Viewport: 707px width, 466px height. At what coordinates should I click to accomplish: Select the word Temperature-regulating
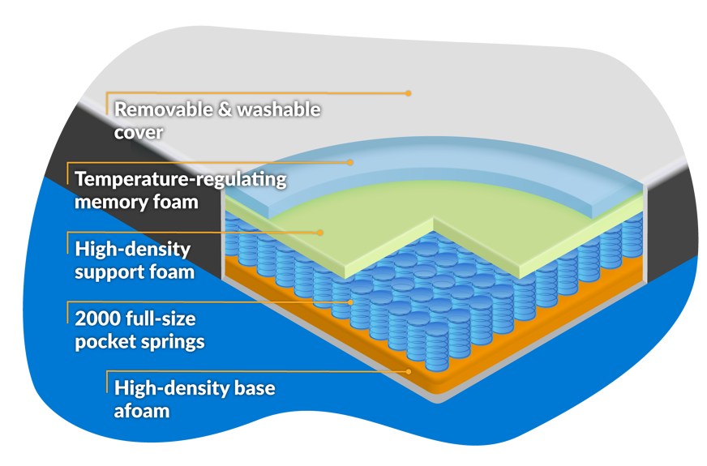[x=181, y=178]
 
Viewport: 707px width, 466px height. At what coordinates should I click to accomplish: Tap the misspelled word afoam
[x=142, y=411]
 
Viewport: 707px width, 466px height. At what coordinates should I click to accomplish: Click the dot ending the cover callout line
[x=409, y=93]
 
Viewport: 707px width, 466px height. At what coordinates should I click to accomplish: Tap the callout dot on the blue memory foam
[x=350, y=162]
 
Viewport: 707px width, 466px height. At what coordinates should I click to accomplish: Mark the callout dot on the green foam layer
[x=321, y=232]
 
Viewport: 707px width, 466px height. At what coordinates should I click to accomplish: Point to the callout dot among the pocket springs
[x=350, y=301]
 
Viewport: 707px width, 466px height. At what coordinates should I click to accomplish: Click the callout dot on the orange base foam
[x=409, y=371]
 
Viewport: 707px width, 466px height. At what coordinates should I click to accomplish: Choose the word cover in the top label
[x=139, y=132]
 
